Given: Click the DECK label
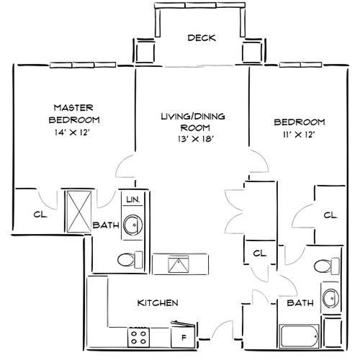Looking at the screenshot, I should click(202, 38).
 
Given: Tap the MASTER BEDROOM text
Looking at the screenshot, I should click(74, 114).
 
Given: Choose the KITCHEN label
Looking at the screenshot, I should click(158, 303).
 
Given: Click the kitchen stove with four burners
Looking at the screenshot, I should click(138, 335).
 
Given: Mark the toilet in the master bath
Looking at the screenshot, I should click(130, 258).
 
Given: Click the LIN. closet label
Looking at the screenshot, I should click(132, 199).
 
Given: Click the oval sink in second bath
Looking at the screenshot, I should click(330, 297).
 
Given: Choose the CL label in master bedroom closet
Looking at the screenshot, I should click(38, 214).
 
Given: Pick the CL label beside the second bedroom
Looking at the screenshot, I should click(330, 215).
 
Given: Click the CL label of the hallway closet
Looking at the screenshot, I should click(261, 253).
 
